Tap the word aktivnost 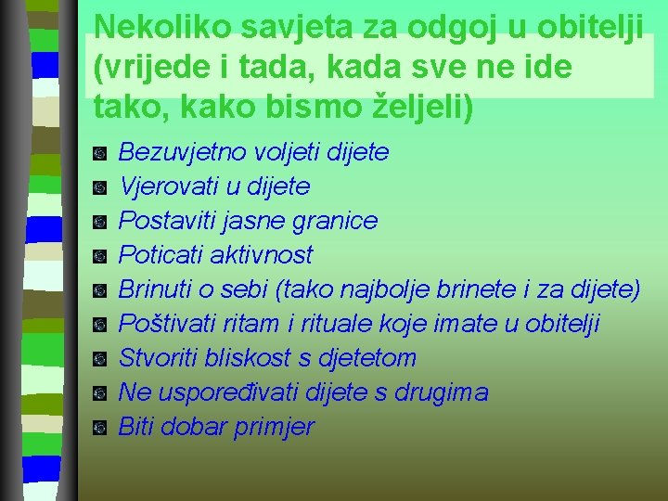click(264, 255)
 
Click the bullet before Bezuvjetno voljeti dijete click(100, 152)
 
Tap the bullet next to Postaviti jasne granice click(100, 221)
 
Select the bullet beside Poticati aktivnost click(100, 255)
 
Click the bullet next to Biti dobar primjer click(100, 428)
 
